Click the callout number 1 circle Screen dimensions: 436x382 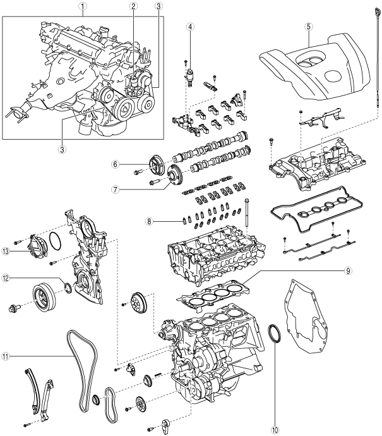[x=82, y=6]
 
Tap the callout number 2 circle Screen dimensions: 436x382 [x=134, y=6]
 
